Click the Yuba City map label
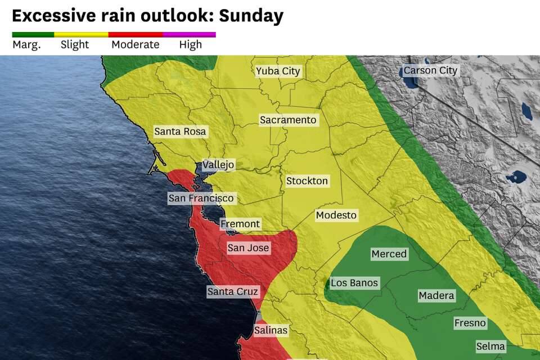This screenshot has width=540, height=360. click(278, 71)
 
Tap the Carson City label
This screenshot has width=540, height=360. click(431, 71)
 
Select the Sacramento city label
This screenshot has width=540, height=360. click(288, 120)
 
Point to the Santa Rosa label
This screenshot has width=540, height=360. click(180, 132)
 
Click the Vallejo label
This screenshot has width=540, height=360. click(218, 165)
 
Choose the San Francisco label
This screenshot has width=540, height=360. click(201, 198)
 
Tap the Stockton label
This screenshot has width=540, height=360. click(307, 181)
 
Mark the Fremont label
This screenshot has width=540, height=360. click(240, 224)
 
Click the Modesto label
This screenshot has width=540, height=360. click(336, 215)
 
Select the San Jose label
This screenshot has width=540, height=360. click(248, 248)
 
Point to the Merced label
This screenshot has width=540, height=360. click(389, 254)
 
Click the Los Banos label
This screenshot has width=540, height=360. click(354, 283)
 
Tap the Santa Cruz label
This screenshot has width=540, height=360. click(233, 291)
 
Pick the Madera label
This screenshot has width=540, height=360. click(436, 295)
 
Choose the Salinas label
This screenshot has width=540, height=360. click(271, 330)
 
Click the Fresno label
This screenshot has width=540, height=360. click(470, 323)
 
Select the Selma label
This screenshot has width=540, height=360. click(490, 346)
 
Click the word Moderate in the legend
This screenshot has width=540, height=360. click(136, 45)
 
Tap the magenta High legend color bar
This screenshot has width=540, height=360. click(190, 34)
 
